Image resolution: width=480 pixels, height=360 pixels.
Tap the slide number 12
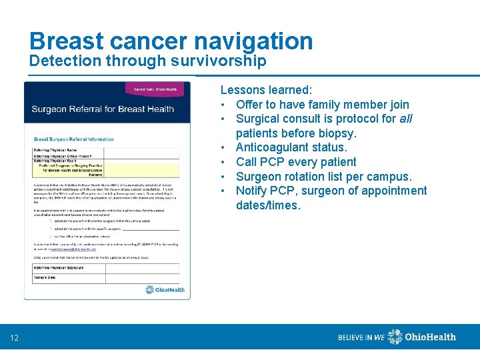[15, 339]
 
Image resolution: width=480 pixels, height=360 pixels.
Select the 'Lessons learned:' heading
[266, 90]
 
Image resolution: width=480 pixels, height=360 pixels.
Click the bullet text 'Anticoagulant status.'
[291, 147]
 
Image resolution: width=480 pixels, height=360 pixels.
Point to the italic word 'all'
[405, 119]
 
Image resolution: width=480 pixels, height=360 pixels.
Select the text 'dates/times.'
[268, 205]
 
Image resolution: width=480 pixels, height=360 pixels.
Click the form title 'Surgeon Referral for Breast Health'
[103, 109]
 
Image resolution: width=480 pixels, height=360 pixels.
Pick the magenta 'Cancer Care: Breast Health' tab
[155, 89]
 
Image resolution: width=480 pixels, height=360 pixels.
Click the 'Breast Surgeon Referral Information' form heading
[73, 139]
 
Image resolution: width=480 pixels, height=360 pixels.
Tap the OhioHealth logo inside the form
[165, 290]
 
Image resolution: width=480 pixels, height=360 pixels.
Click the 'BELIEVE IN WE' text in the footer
[361, 337]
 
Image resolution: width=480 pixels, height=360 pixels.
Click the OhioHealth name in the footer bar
[431, 337]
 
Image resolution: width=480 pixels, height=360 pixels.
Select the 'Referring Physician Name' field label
[55, 150]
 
